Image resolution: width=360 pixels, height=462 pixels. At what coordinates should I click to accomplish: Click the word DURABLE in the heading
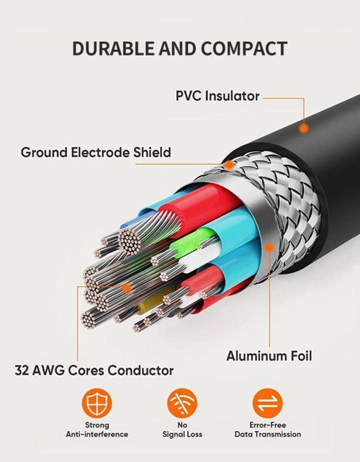point(113,48)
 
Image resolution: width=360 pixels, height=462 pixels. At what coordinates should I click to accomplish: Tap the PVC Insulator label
point(217,96)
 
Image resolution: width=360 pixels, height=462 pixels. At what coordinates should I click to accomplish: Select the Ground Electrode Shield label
point(96,152)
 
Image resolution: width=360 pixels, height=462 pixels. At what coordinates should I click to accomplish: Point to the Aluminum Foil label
point(269,356)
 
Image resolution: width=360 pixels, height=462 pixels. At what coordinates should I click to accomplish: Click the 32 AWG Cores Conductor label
point(94,370)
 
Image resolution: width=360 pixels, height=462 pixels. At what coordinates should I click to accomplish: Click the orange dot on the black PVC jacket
point(304,128)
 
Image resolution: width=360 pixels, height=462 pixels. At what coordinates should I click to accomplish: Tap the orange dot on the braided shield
point(229,165)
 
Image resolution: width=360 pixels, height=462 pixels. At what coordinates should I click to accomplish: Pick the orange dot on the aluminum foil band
point(269,247)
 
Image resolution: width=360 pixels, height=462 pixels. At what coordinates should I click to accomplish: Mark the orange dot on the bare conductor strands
point(127,288)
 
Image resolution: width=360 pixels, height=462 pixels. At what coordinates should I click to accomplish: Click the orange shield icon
point(97,403)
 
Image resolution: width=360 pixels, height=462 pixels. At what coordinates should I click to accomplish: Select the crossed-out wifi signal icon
point(182,403)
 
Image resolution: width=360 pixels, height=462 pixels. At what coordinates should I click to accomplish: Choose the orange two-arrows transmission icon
point(268,403)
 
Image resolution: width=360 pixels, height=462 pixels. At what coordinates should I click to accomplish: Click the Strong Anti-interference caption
point(97,430)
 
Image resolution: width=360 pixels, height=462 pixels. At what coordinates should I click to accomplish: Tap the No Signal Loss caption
point(182,430)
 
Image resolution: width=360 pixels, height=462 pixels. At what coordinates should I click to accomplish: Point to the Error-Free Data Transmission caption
point(268,430)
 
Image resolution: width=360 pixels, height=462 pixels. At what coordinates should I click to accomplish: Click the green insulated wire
point(194,241)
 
